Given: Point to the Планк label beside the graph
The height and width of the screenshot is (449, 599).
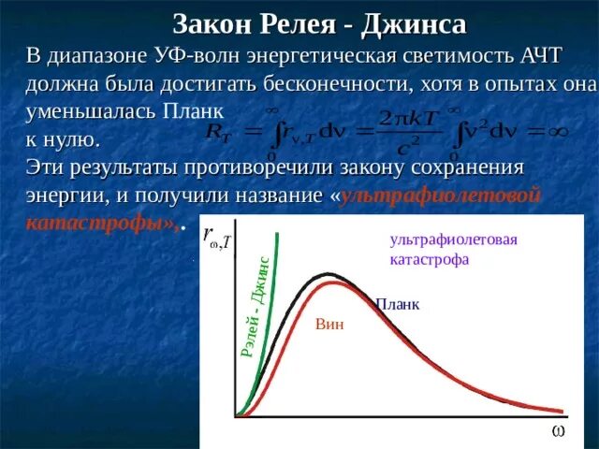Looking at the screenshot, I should click(398, 304).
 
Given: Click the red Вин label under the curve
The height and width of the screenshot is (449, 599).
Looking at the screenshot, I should click(329, 325).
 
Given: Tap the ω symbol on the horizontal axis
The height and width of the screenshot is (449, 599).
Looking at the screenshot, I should click(557, 431).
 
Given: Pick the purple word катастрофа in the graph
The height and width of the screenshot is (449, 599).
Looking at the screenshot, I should click(430, 259).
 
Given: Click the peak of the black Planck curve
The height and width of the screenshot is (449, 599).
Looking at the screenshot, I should click(327, 274).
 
